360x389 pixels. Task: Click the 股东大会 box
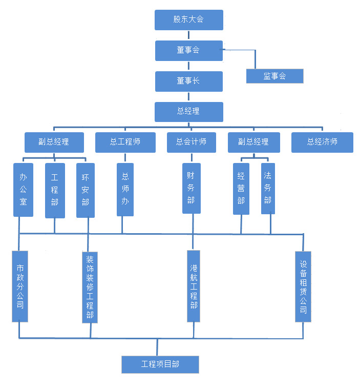pyautogui.click(x=189, y=19)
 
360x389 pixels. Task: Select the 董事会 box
pyautogui.click(x=189, y=50)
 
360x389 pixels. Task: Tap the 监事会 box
pyautogui.click(x=274, y=76)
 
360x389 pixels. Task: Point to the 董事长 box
pyautogui.click(x=189, y=81)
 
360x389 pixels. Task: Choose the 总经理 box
pyautogui.click(x=189, y=111)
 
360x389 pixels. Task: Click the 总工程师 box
pyautogui.click(x=125, y=142)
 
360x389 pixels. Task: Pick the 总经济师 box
pyautogui.click(x=322, y=142)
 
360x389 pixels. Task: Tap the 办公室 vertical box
pyautogui.click(x=23, y=190)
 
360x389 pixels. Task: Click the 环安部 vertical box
pyautogui.click(x=86, y=190)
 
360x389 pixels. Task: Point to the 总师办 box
pyautogui.click(x=125, y=189)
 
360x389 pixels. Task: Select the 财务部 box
pyautogui.click(x=191, y=188)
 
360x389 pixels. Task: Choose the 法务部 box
pyautogui.click(x=268, y=188)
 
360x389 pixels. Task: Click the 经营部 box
pyautogui.click(x=241, y=188)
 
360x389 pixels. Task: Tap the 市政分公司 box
pyautogui.click(x=20, y=286)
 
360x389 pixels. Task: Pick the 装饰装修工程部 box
pyautogui.click(x=90, y=286)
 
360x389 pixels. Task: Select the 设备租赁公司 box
pyautogui.click(x=303, y=286)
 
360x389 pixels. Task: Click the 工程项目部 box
pyautogui.click(x=160, y=364)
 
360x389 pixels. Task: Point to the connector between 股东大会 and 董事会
pyautogui.click(x=189, y=35)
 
